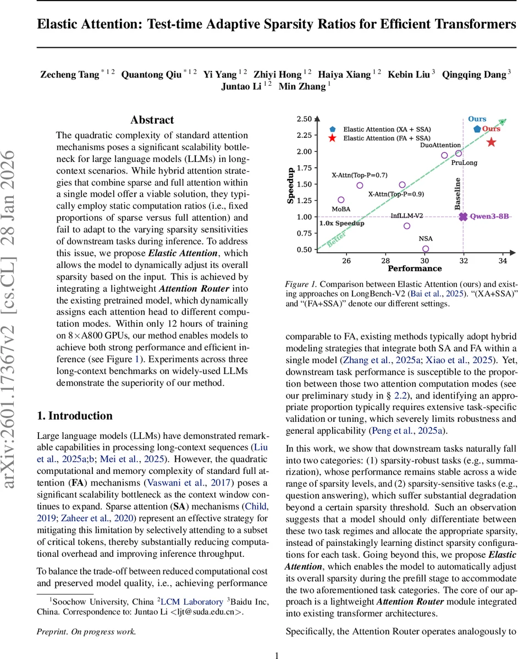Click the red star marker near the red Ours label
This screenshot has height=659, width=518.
pos(491,142)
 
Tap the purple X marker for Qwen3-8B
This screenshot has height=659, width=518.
pos(464,217)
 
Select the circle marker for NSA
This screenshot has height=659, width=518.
pos(426,249)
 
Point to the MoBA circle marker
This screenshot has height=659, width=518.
pos(341,200)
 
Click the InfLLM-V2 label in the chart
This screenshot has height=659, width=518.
pos(406,216)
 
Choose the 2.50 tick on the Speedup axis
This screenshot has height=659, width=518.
pos(304,119)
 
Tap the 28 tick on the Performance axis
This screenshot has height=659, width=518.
pos(385,260)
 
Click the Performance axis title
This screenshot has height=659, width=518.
pos(415,269)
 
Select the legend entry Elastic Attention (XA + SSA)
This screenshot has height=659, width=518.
pos(387,129)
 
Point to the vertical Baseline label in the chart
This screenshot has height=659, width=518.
pos(458,193)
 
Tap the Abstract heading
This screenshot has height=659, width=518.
pos(152,120)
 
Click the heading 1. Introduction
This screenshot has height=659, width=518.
pos(74,416)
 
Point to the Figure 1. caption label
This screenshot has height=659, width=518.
pos(301,284)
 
